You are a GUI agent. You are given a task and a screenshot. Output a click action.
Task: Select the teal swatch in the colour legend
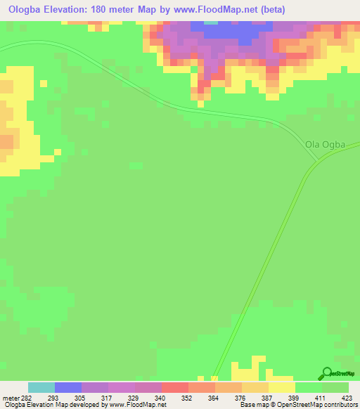point(41,387)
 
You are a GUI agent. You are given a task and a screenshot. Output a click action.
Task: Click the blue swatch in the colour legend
point(68,387)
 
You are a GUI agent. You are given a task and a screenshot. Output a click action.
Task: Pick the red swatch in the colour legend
point(175,387)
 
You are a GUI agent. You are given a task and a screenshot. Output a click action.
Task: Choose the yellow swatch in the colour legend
point(282,387)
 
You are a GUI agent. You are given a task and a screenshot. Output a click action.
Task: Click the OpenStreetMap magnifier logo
point(326,374)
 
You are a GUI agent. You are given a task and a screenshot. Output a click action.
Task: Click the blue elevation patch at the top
point(232,32)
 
